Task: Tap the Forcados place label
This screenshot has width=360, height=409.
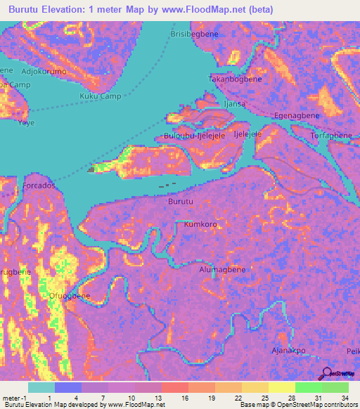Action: (x=39, y=186)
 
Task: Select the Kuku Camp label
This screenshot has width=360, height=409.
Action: (x=100, y=96)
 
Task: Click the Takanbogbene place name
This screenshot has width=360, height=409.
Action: (x=234, y=79)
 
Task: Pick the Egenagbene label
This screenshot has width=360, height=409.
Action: (x=297, y=115)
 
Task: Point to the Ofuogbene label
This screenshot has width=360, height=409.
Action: (x=67, y=296)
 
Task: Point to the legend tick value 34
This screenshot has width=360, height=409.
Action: (x=346, y=398)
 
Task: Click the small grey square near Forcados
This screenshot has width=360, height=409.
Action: (x=90, y=169)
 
